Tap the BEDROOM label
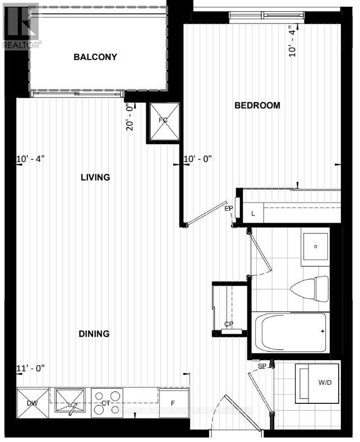tap(257, 105)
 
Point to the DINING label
tap(94, 333)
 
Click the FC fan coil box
tap(163, 122)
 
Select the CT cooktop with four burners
tap(107, 402)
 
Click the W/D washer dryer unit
tap(317, 383)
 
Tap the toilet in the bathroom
tap(312, 288)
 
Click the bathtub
tap(290, 332)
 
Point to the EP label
tap(229, 209)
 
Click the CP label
tap(228, 324)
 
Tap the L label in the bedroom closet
tap(253, 213)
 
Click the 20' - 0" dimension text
tap(130, 117)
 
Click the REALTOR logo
tap(20, 25)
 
